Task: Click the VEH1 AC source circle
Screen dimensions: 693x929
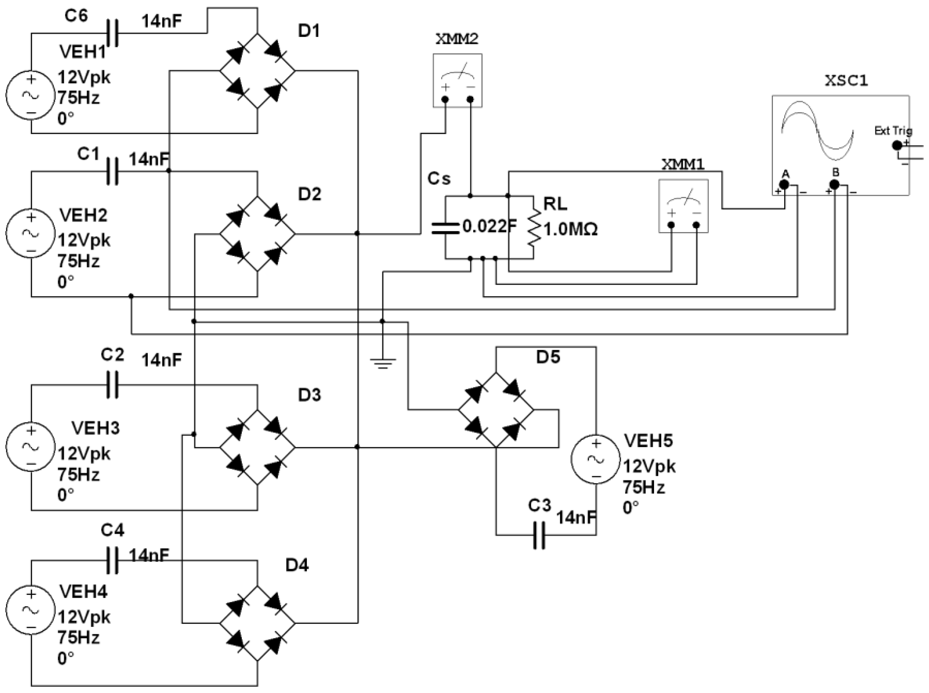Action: pyautogui.click(x=31, y=95)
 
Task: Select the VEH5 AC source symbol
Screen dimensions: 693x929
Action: pyautogui.click(x=596, y=459)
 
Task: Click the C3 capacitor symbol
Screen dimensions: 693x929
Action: pyautogui.click(x=540, y=535)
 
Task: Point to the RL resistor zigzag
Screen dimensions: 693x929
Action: pyautogui.click(x=534, y=227)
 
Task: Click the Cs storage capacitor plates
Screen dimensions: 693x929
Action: pyautogui.click(x=445, y=227)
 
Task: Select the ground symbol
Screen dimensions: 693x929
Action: pyautogui.click(x=382, y=361)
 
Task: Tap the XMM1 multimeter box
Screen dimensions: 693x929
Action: pyautogui.click(x=683, y=206)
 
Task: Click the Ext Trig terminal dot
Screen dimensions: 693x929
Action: pyautogui.click(x=897, y=146)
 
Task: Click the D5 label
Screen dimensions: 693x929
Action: pyautogui.click(x=548, y=357)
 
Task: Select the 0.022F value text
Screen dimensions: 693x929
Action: pyautogui.click(x=489, y=227)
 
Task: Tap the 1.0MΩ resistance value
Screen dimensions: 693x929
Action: pyautogui.click(x=570, y=230)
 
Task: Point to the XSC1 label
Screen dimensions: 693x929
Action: pyautogui.click(x=846, y=81)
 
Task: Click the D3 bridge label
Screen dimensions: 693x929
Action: pyautogui.click(x=309, y=395)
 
